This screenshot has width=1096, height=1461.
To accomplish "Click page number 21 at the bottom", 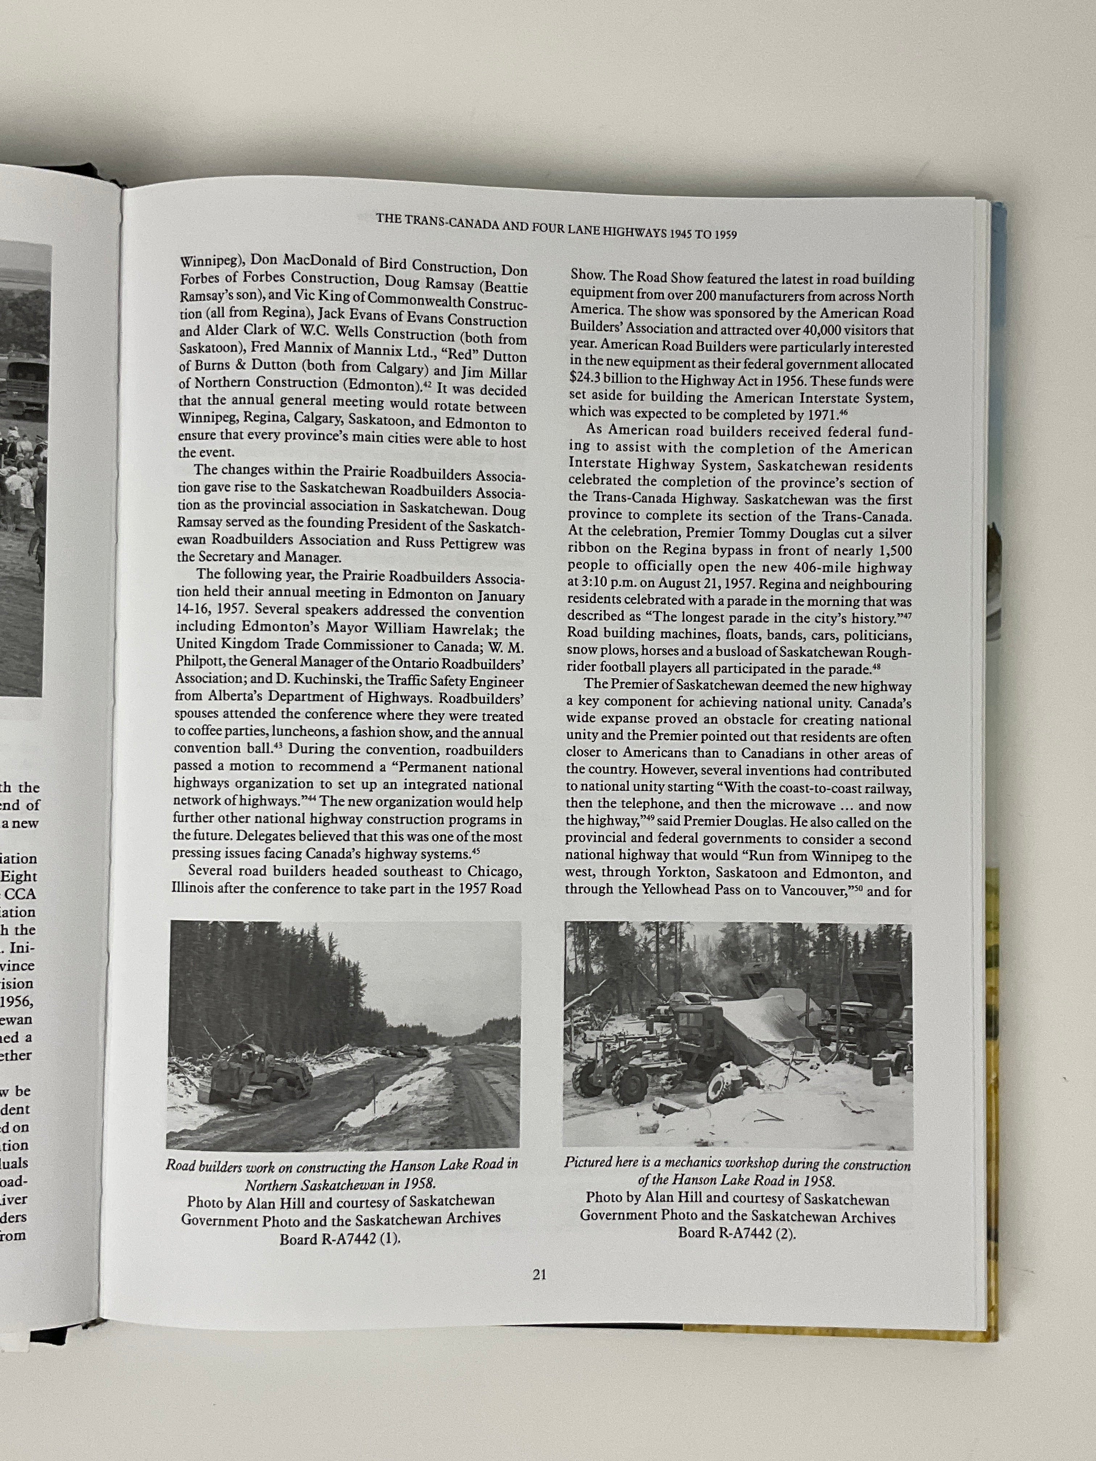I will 539,1276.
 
